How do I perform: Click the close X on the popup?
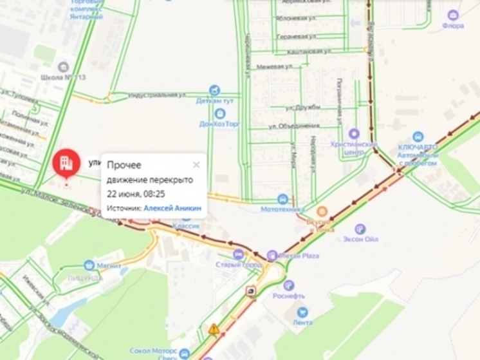[196, 165]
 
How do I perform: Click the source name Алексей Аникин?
[172, 208]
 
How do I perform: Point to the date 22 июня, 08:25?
[136, 193]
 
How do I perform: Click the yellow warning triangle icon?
[214, 329]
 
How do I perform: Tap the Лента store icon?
[302, 312]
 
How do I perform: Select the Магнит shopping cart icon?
[89, 265]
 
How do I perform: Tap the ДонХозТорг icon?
[219, 113]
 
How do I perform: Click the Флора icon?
[453, 15]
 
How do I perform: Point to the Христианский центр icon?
[353, 133]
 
